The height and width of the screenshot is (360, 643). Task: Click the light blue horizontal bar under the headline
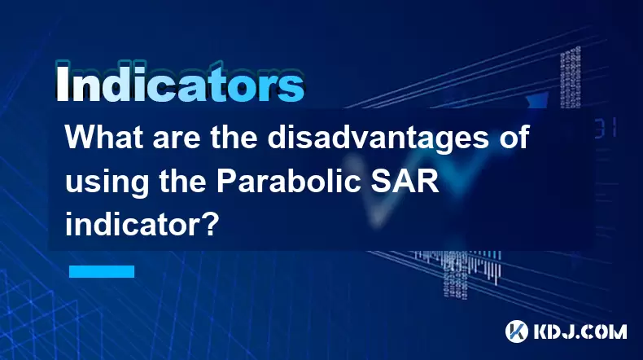coord(102,271)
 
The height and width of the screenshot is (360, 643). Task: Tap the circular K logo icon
coord(517,331)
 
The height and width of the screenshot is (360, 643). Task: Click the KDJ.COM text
coord(580,331)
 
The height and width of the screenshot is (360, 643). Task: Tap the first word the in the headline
coord(234,138)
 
